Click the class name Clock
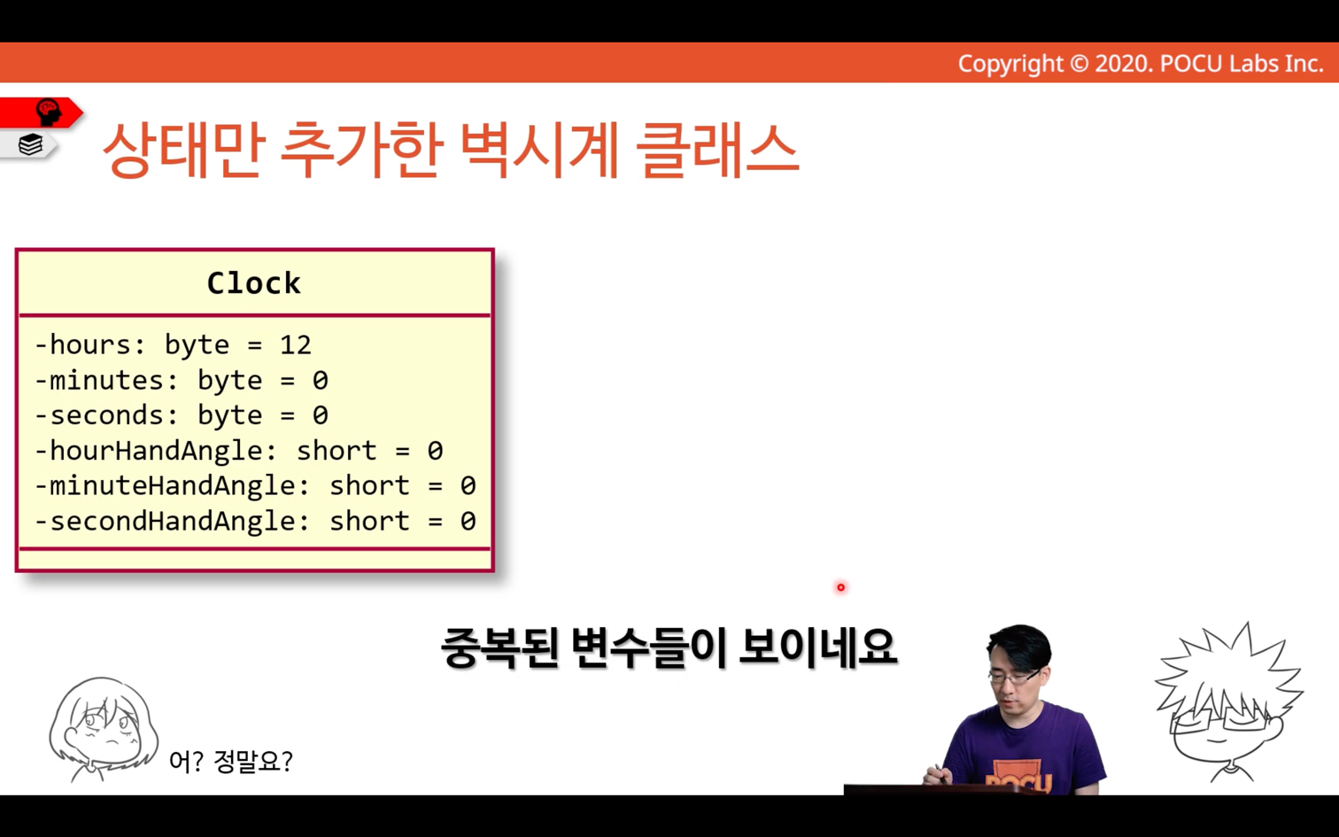coord(253,283)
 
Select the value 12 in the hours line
coord(295,345)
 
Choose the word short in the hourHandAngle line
coord(337,451)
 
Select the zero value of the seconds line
coord(321,415)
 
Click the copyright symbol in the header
coord(1079,64)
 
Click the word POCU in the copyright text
coord(1191,64)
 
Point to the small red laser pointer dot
coord(840,587)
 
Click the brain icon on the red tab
coord(49,112)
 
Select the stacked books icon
coord(30,144)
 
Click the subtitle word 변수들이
coord(648,648)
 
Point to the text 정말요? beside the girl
coord(252,761)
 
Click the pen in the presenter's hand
coord(940,773)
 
